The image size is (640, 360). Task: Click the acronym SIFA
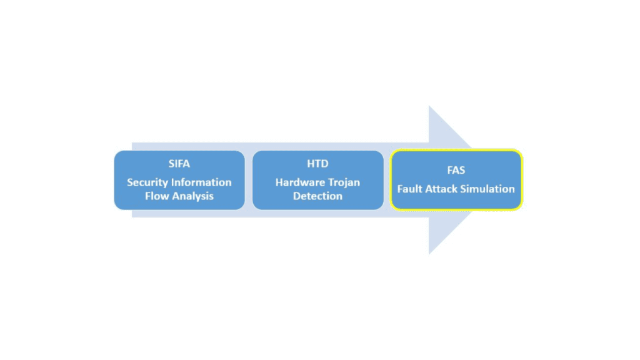(x=179, y=164)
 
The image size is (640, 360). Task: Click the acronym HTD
(x=317, y=164)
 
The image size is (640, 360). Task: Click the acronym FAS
(x=456, y=170)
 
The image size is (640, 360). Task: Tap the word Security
(x=150, y=182)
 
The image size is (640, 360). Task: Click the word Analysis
(x=194, y=196)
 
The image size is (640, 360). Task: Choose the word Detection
(x=317, y=196)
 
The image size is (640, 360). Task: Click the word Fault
(x=411, y=189)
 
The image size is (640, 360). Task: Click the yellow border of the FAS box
(x=456, y=150)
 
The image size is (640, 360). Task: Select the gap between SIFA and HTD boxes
(x=249, y=180)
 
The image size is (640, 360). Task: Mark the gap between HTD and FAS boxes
(x=387, y=180)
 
